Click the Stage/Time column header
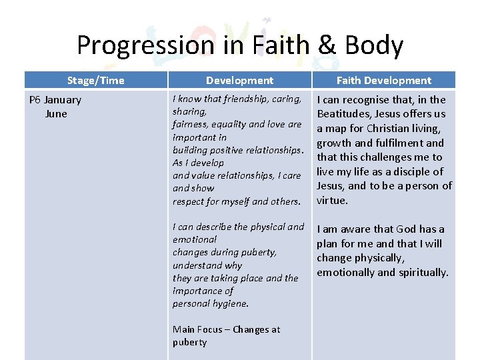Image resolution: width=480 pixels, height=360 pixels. (x=95, y=81)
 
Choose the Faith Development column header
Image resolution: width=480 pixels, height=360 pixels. (x=383, y=81)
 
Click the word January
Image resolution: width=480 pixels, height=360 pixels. (x=63, y=100)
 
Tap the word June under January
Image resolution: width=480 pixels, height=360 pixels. (x=56, y=114)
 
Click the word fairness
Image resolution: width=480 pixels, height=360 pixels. (x=191, y=125)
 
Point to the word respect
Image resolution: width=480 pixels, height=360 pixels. (x=189, y=201)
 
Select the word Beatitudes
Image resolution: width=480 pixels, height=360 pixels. (x=345, y=114)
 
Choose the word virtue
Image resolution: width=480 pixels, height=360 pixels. (x=332, y=200)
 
